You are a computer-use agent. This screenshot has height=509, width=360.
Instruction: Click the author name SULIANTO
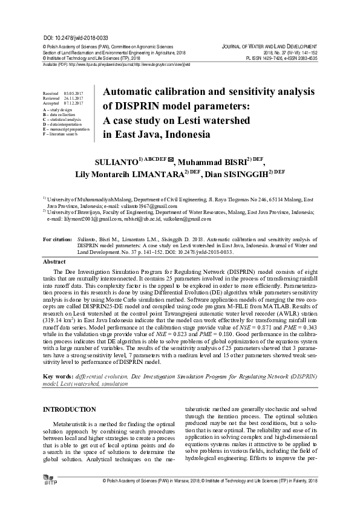116,163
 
